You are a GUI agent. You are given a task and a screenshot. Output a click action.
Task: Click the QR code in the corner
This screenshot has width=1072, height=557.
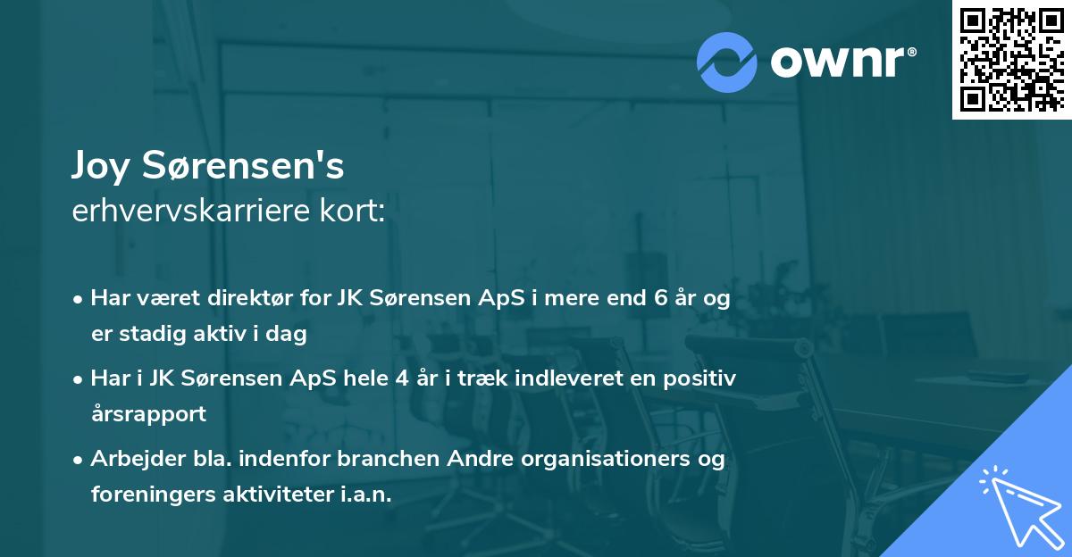1011,59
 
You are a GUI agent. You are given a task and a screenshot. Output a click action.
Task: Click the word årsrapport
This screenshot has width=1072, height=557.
148,413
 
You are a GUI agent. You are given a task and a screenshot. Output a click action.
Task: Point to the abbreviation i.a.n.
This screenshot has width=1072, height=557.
365,494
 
